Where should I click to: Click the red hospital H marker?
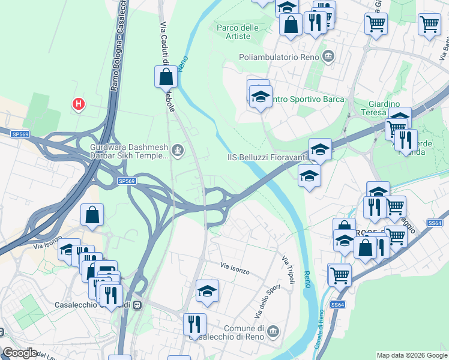[78, 104]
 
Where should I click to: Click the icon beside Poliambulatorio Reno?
[328, 57]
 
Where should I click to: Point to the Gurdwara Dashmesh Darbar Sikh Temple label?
[128, 151]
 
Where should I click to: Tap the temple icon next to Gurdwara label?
[177, 150]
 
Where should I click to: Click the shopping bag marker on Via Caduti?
[166, 77]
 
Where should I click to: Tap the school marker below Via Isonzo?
[208, 292]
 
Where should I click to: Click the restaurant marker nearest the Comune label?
[194, 325]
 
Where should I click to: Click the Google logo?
[20, 353]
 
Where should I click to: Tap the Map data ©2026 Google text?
[411, 355]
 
